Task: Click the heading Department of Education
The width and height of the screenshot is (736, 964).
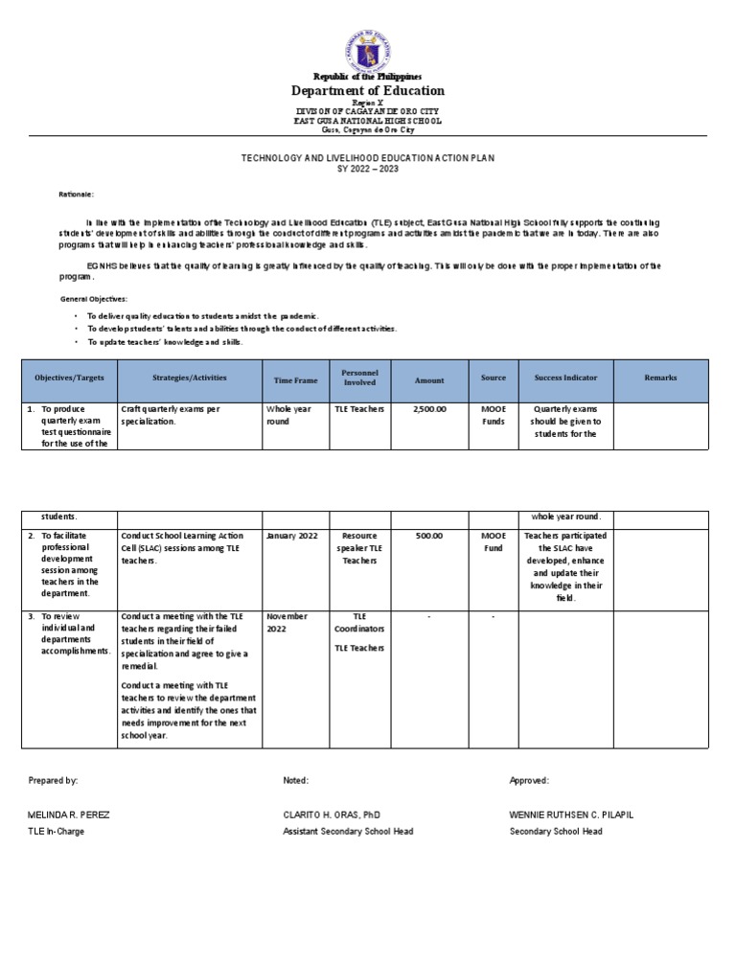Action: pos(368,91)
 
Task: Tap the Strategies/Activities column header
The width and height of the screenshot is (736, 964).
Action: pos(190,379)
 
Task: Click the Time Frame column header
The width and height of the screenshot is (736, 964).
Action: pos(295,380)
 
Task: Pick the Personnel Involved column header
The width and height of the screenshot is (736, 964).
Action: pos(359,378)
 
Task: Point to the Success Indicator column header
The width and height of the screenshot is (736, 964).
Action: pos(565,379)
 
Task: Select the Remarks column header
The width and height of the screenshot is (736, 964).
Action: pos(660,379)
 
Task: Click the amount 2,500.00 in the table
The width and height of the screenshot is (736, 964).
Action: pos(429,409)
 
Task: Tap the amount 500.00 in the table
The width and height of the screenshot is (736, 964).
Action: pos(429,536)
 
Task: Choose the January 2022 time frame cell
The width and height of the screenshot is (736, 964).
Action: pos(293,536)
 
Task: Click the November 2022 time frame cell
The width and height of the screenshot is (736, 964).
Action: pos(287,623)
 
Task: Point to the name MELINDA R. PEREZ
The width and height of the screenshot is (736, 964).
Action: pos(69,815)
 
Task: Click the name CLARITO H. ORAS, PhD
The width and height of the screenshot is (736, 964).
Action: pos(333,815)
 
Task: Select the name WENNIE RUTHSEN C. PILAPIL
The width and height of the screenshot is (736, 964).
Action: pos(571,815)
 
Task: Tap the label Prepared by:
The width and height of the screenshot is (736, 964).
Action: pos(54,781)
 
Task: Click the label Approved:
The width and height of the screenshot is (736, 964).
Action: pos(529,781)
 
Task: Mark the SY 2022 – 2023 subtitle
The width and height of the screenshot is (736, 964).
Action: pos(368,169)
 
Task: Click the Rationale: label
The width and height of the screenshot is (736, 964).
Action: pos(76,195)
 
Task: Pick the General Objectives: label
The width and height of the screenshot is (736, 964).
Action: pos(93,299)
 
